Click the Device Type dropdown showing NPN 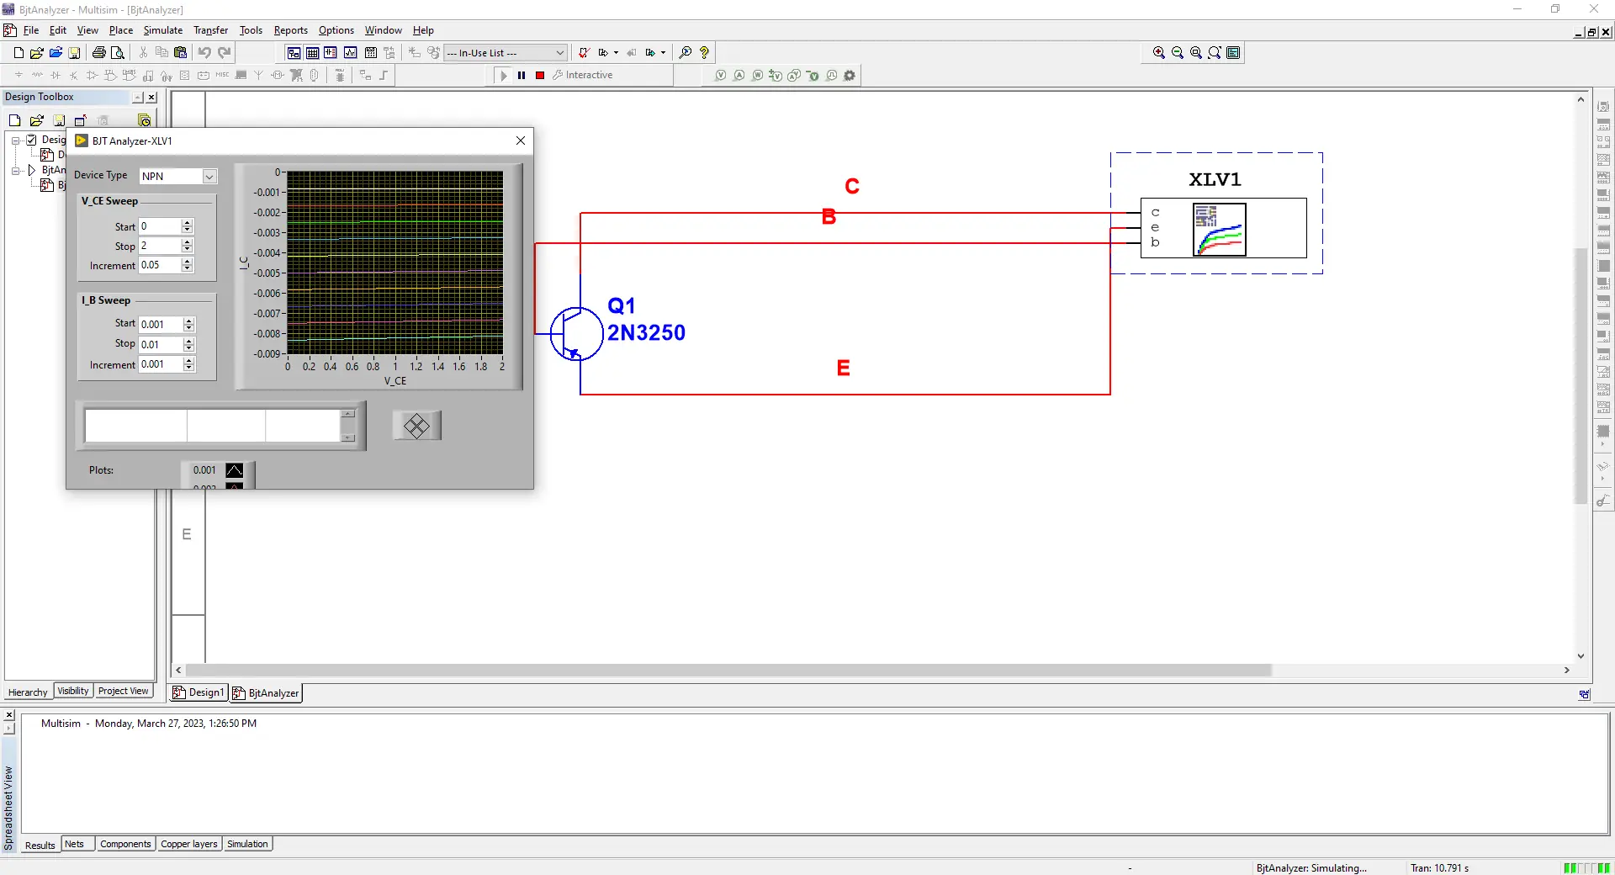[x=177, y=176]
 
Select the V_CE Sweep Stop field [x=160, y=246]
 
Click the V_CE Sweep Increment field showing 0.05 [x=160, y=265]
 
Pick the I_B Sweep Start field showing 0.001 [x=161, y=324]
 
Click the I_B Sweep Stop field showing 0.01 [x=161, y=344]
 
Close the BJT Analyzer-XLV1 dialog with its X [x=521, y=141]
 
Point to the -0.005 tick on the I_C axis [x=268, y=273]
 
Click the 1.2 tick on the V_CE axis [x=416, y=367]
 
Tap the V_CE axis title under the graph [x=395, y=381]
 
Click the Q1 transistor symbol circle [x=576, y=334]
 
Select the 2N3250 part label [x=646, y=333]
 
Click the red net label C [x=852, y=186]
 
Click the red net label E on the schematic [x=843, y=368]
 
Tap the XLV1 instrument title [x=1215, y=179]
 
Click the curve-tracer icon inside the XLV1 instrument [x=1219, y=229]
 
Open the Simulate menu [x=162, y=30]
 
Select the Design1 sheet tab [x=200, y=692]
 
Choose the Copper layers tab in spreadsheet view [x=189, y=844]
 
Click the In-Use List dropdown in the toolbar [x=505, y=53]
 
